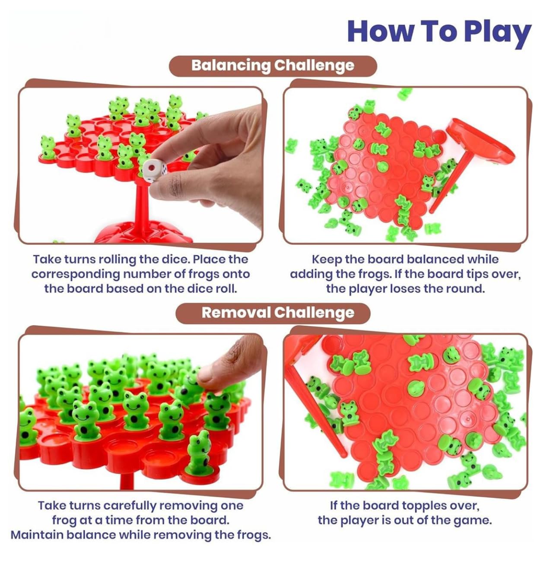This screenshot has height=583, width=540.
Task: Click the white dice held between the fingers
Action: tap(155, 170)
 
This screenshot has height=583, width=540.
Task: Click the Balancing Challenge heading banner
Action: tap(273, 66)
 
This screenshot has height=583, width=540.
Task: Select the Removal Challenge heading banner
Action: tap(273, 313)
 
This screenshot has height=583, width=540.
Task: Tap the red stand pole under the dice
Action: tap(141, 209)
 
